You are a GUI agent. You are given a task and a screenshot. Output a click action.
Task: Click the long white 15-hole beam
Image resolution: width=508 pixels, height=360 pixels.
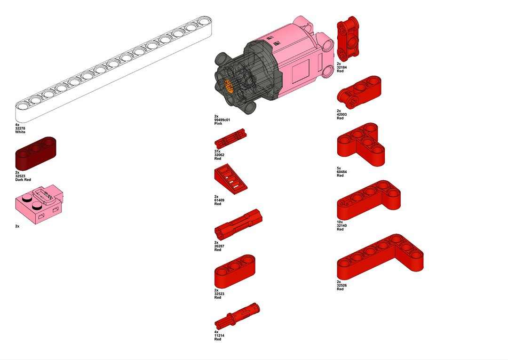113,68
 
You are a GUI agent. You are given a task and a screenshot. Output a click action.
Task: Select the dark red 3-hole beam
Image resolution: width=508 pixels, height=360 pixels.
36,153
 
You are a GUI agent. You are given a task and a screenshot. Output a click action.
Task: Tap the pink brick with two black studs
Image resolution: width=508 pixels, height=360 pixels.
39,204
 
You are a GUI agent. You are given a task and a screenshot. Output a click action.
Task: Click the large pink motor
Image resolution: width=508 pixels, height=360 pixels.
274,65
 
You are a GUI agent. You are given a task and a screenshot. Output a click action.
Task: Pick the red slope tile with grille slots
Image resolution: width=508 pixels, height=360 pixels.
230,179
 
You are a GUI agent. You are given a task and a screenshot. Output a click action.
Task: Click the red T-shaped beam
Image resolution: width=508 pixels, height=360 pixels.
361,144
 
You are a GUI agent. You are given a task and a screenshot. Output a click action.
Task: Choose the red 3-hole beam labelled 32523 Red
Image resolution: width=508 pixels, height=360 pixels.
235,271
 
